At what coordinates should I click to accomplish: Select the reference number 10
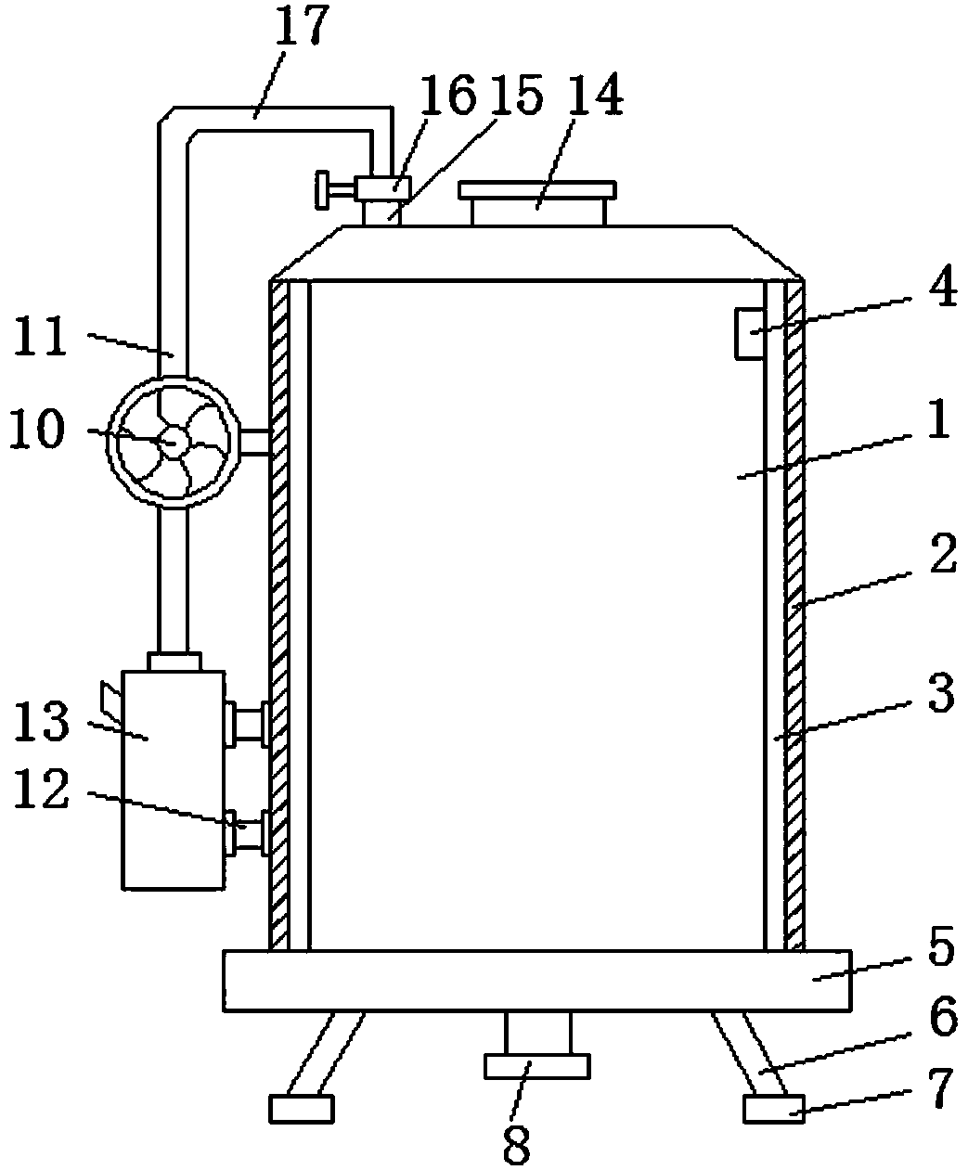(x=37, y=428)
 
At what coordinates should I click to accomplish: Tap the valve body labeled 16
(x=382, y=188)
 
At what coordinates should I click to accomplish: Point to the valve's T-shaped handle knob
(x=323, y=190)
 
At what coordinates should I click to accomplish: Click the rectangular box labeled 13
(x=174, y=780)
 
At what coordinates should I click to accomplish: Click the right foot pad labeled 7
(x=774, y=1110)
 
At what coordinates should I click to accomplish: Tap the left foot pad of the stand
(x=302, y=1110)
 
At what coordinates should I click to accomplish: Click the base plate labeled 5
(x=537, y=981)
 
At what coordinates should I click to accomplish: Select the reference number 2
(x=943, y=553)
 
